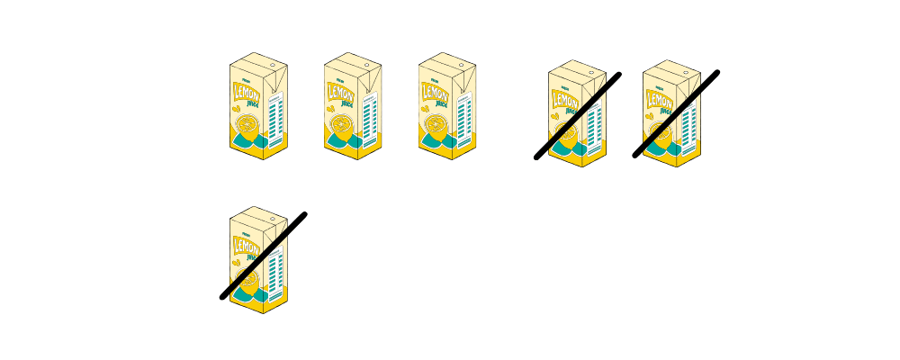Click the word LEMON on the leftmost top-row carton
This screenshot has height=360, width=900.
[247, 93]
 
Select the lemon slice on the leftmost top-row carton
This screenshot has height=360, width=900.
[245, 123]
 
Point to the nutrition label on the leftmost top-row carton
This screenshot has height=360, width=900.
[276, 115]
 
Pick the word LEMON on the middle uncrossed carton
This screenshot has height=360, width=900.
[341, 93]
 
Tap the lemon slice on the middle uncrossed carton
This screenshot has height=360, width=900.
[339, 123]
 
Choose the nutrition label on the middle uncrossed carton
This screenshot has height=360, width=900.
[371, 115]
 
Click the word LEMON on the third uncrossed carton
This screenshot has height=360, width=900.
[436, 93]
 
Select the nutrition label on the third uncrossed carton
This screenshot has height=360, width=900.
[465, 115]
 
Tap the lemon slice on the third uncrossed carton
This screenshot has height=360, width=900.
[434, 123]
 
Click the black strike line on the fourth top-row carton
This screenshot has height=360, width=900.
[577, 115]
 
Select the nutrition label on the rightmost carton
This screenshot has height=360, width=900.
[690, 122]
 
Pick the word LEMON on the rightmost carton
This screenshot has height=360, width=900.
[661, 100]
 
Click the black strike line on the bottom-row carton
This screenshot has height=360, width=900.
[264, 256]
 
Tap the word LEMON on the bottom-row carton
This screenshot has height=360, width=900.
[247, 246]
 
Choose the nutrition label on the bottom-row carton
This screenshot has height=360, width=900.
[276, 268]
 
